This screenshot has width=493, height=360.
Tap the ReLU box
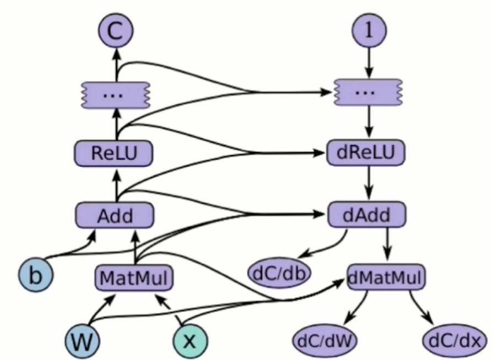click(114, 153)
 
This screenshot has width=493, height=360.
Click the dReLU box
click(365, 153)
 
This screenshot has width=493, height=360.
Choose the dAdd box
click(367, 215)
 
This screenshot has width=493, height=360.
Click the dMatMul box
click(386, 277)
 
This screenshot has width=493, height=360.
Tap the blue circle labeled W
click(83, 340)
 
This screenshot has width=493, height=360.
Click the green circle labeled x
click(189, 340)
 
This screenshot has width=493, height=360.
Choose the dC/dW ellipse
click(324, 340)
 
